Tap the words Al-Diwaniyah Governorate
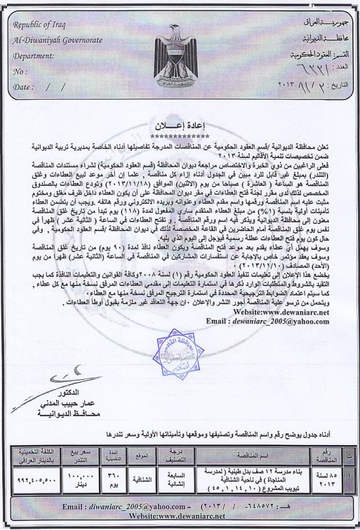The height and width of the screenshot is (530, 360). point(57,40)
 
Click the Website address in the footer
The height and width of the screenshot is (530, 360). point(179,516)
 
